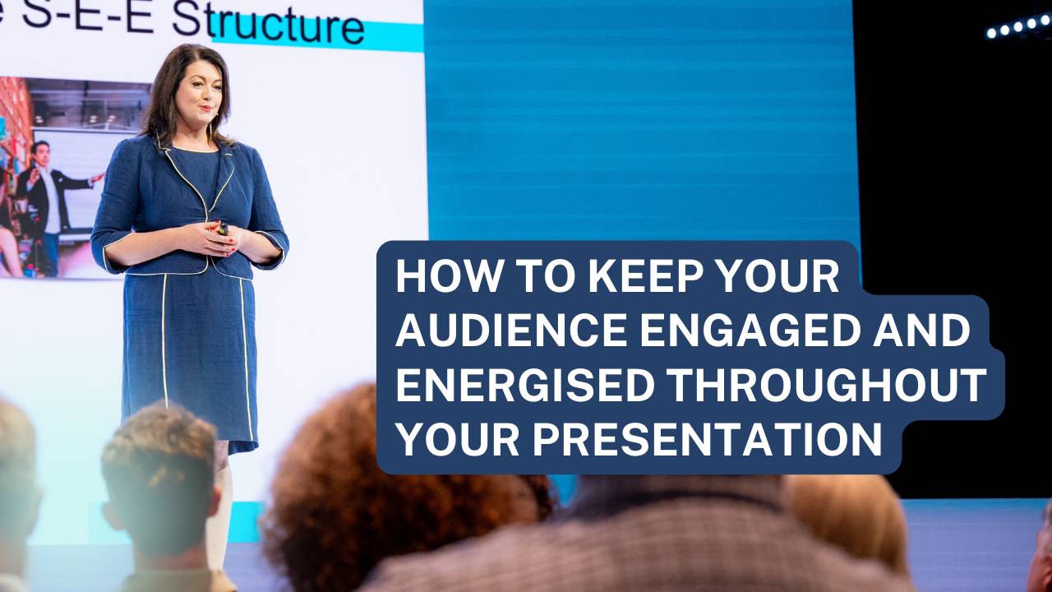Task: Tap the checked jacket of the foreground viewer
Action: tap(625, 551)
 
